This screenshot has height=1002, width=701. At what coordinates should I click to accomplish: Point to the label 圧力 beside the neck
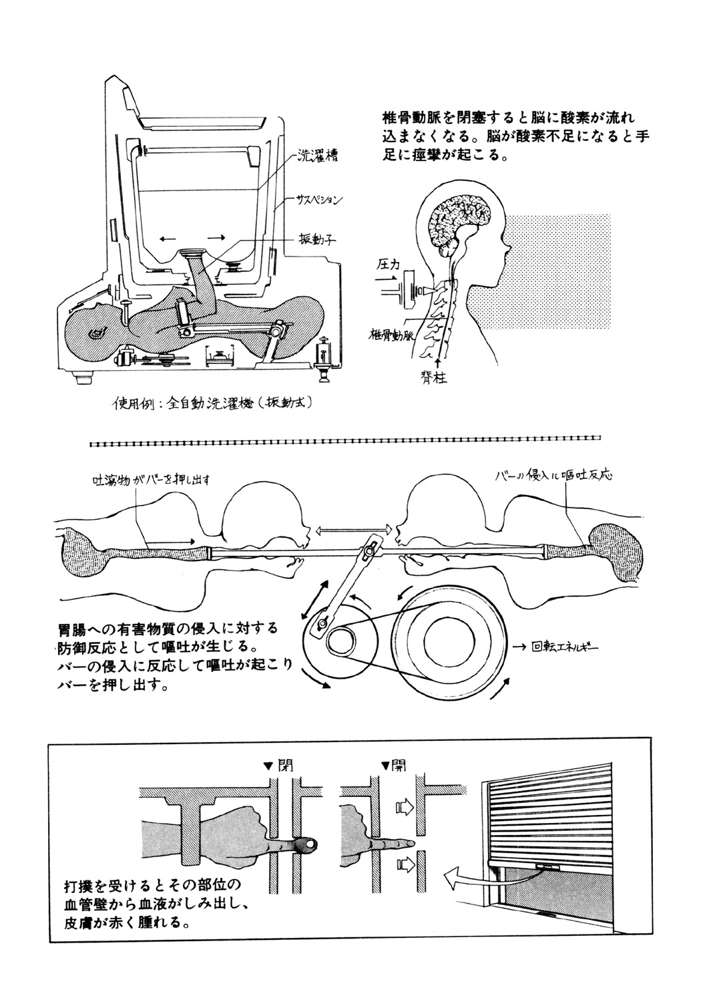pos(388,266)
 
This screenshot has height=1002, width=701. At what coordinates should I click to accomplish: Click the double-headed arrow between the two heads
pos(351,529)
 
